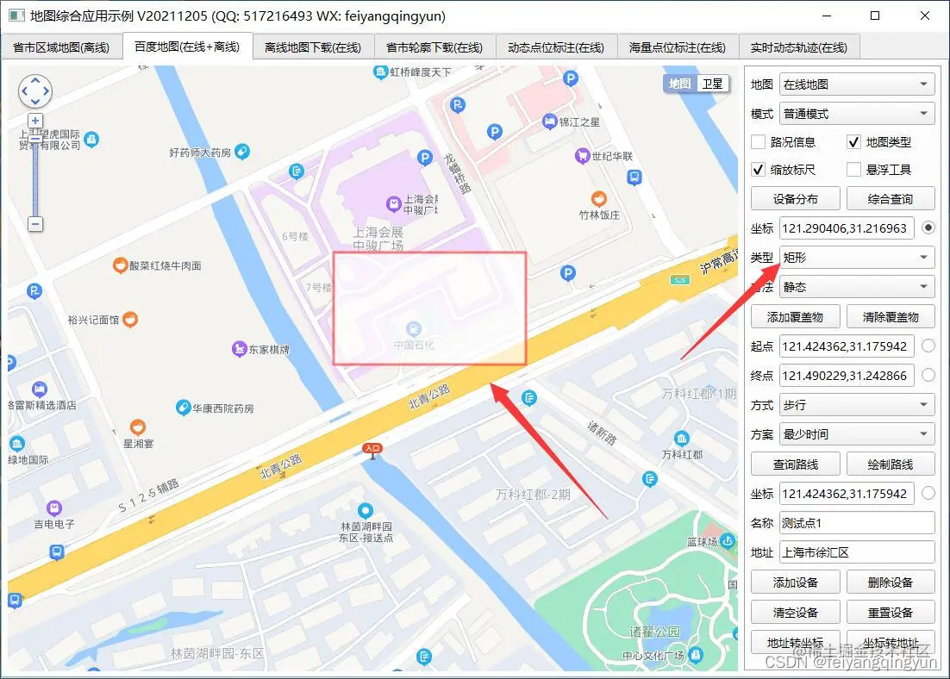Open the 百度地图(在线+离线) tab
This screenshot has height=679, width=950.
coord(187,47)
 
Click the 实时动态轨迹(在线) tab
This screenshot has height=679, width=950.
coord(799,47)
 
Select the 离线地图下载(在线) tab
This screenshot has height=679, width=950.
coord(313,47)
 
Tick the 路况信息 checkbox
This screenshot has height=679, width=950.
coord(759,142)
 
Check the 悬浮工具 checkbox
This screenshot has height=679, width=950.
coord(853,170)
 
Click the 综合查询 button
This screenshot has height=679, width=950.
coord(891,199)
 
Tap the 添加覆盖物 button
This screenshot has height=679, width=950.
coord(795,317)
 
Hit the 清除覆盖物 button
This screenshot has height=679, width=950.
coord(891,317)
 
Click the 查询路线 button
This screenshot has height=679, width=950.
coord(795,464)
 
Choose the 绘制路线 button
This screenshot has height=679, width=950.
coord(891,464)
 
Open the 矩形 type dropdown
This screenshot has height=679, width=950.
coord(857,258)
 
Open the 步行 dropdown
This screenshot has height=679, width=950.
coord(857,405)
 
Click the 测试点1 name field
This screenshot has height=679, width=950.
coord(857,523)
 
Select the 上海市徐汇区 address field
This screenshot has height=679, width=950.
coord(857,552)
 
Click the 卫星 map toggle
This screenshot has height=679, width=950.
coord(712,84)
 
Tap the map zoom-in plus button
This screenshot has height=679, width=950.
coord(35,121)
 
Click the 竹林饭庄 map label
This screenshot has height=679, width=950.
coord(599,215)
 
